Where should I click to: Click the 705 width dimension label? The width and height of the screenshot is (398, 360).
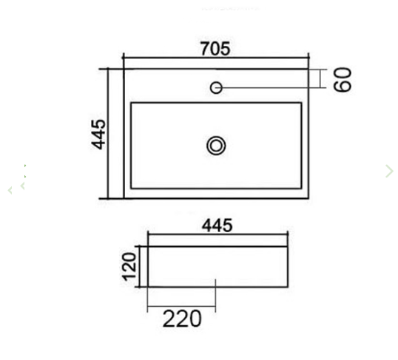click(215, 49)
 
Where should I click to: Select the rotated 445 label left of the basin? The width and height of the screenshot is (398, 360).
click(99, 134)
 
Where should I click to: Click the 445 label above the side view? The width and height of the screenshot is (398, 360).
click(217, 225)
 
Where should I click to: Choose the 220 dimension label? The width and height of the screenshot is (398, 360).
click(181, 319)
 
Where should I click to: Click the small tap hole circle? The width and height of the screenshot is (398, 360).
click(216, 88)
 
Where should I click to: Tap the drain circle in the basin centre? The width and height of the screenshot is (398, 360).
click(216, 145)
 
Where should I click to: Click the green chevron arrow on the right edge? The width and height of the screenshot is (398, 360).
click(389, 171)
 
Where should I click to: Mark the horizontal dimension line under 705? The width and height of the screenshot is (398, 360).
click(215, 58)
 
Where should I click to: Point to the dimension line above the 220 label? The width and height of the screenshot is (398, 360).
click(181, 305)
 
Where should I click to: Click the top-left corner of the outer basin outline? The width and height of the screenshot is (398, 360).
click(124, 69)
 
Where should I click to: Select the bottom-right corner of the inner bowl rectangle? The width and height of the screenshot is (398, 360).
click(301, 188)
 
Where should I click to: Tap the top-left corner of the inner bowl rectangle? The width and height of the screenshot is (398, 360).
click(131, 103)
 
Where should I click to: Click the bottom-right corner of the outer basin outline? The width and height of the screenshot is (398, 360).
click(308, 198)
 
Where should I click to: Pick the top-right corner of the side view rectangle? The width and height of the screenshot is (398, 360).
click(288, 246)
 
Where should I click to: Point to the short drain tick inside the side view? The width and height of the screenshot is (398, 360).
click(215, 283)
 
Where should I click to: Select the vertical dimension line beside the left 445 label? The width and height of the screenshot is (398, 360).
click(109, 134)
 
